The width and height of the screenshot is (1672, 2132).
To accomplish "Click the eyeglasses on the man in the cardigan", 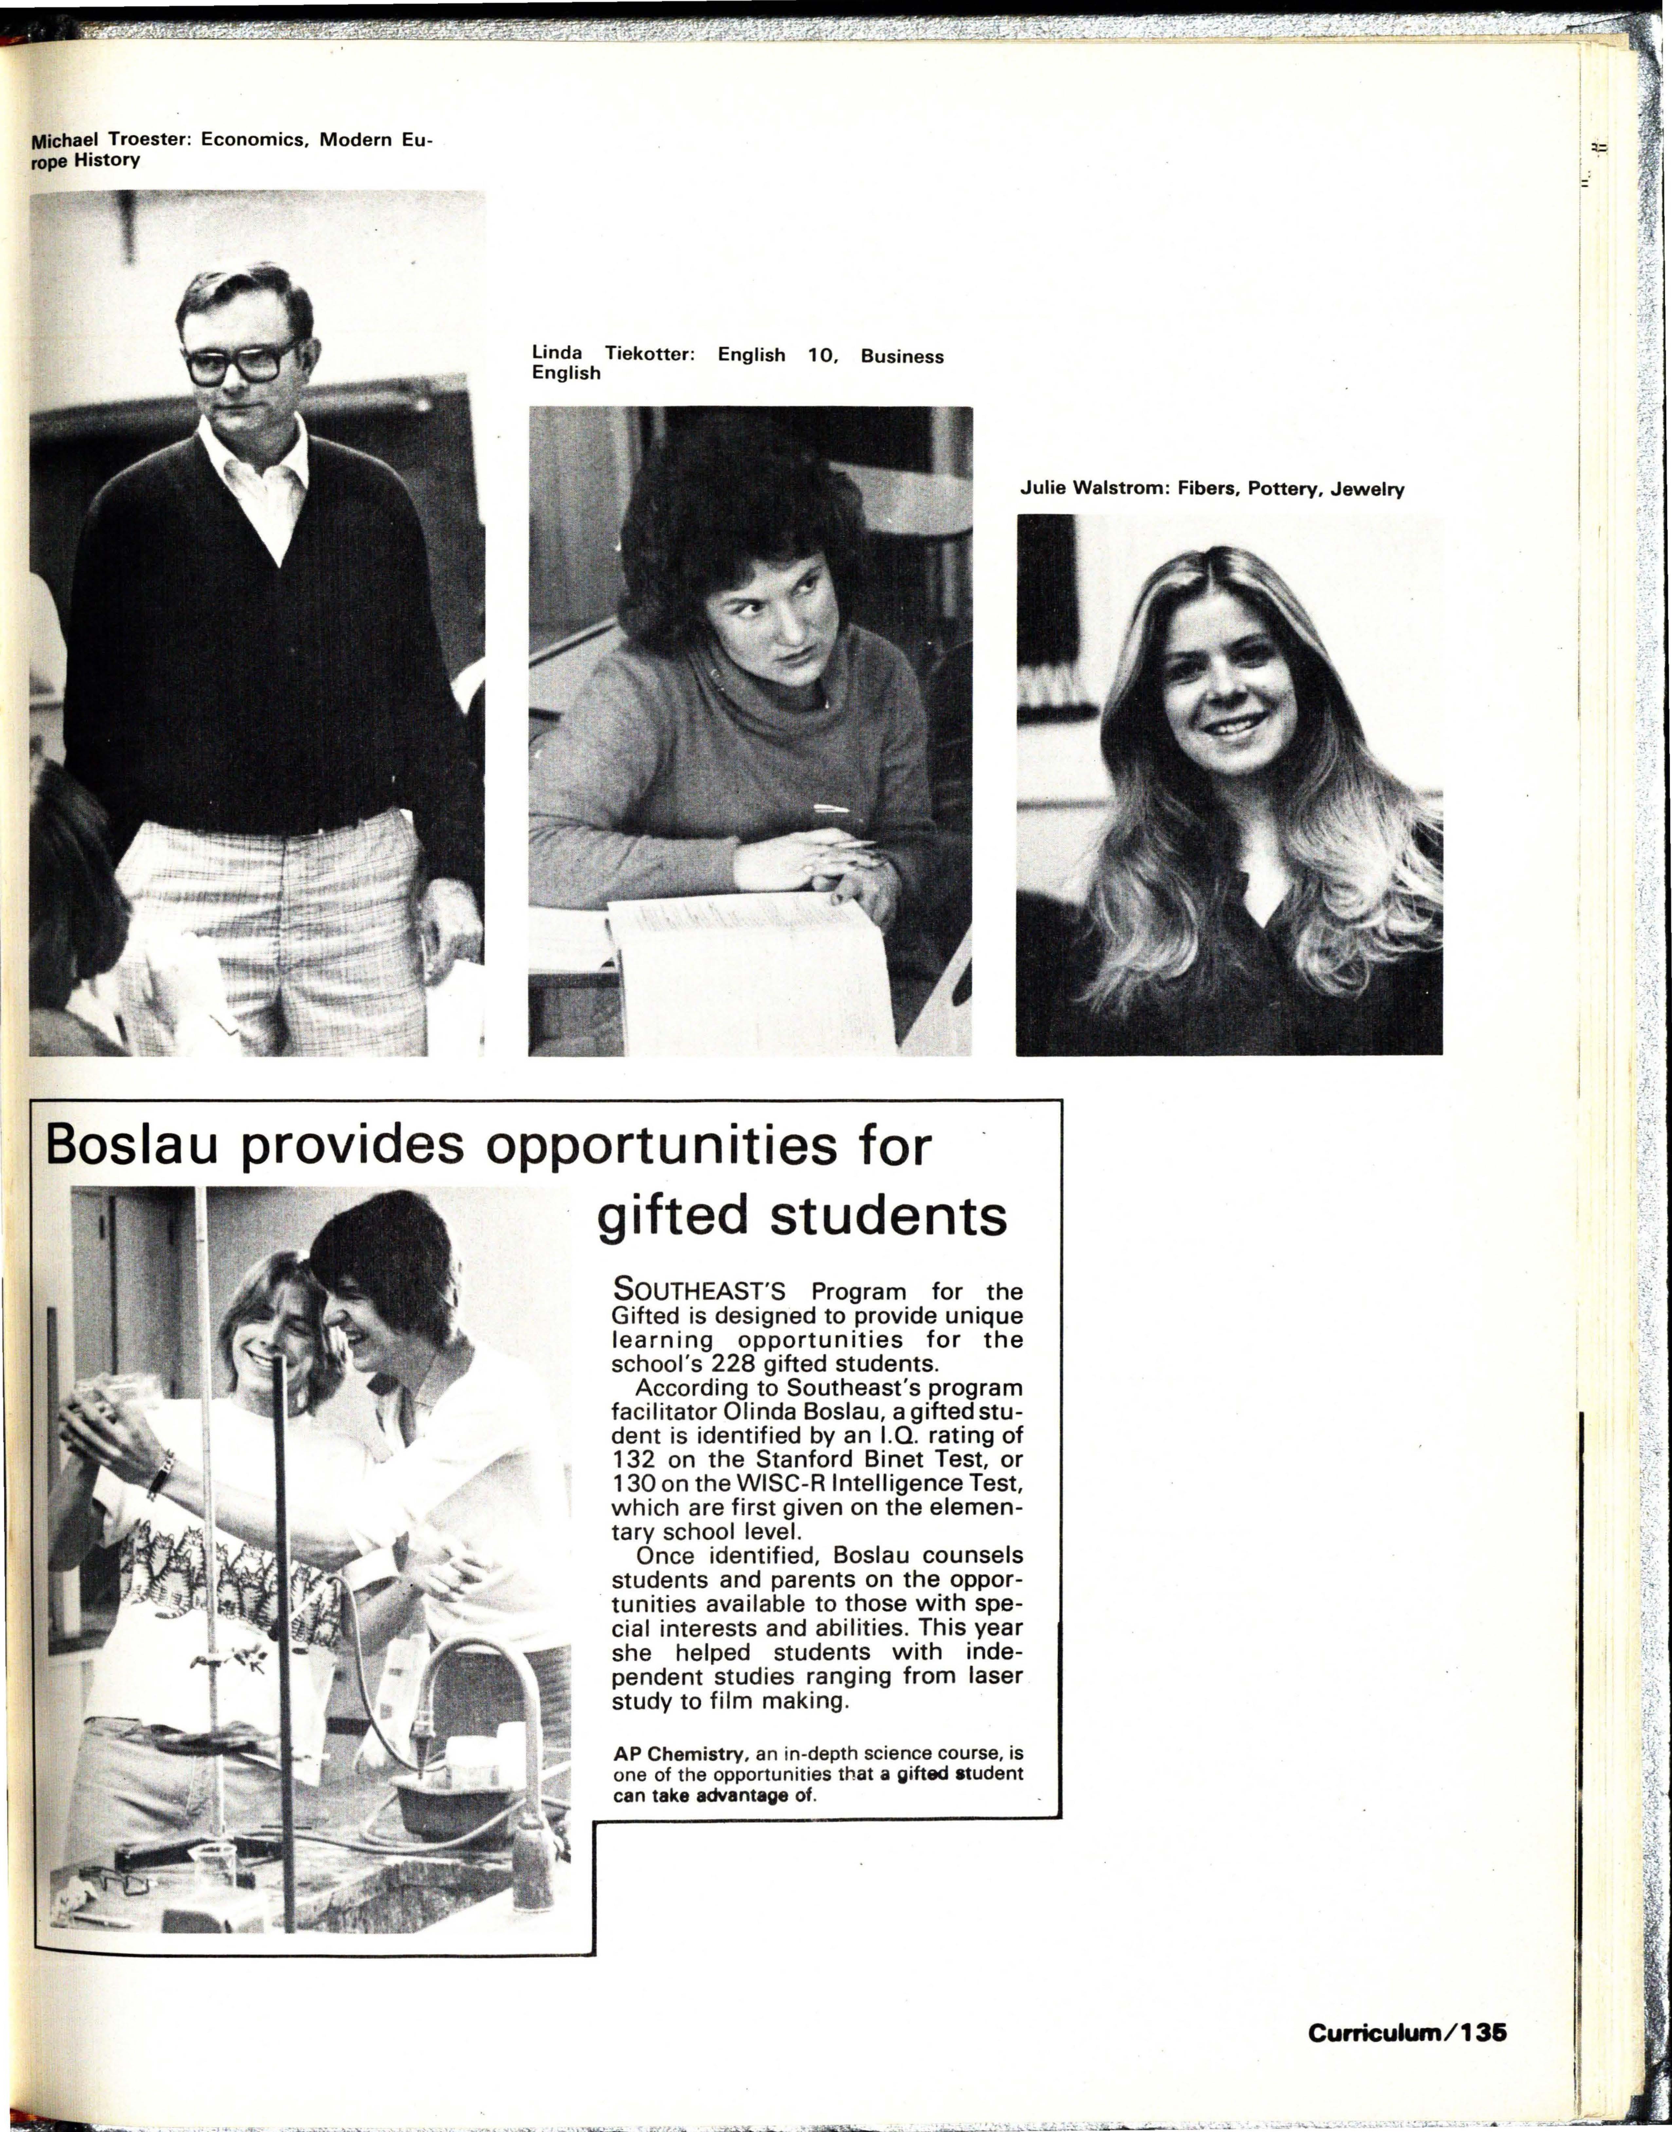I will click(x=242, y=362).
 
